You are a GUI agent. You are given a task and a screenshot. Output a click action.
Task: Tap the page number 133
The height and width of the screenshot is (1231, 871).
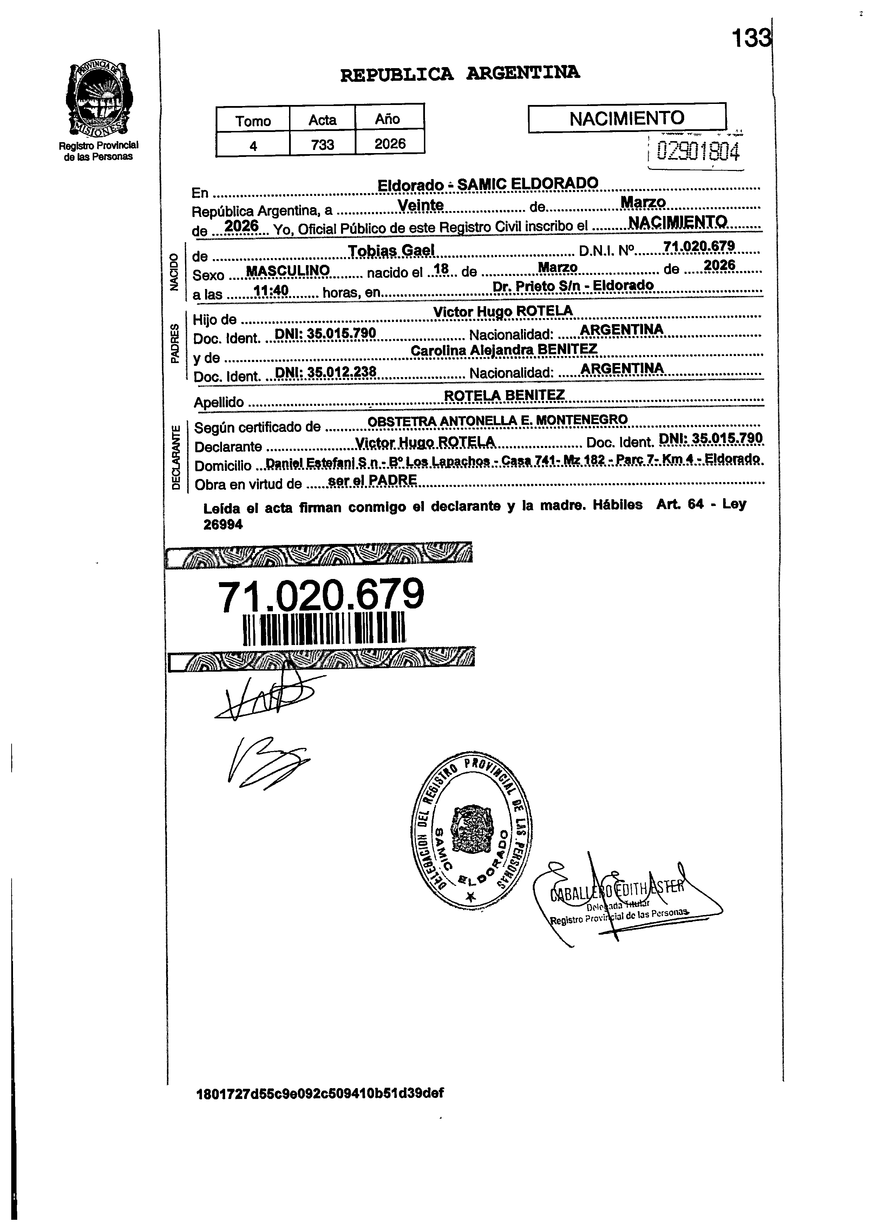(751, 39)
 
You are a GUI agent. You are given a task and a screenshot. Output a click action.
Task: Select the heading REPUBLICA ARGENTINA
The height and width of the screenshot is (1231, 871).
(460, 73)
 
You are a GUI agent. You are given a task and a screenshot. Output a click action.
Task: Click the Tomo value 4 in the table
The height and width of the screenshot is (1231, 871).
(253, 145)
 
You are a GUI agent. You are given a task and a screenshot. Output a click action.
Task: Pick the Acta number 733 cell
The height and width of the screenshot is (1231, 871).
(322, 144)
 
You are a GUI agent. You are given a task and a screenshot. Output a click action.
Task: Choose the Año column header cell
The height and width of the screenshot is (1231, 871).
(388, 118)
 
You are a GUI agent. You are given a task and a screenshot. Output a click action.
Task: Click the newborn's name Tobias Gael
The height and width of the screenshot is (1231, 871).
(391, 250)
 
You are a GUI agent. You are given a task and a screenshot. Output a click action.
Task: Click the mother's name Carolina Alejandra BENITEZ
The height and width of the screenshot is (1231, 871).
(504, 350)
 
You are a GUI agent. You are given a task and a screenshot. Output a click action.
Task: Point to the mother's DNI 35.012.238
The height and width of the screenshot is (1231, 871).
(325, 371)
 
